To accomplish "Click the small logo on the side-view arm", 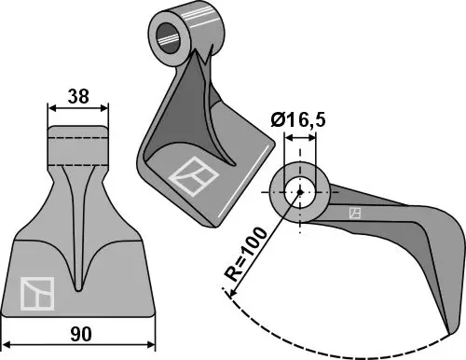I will click(354, 214).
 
